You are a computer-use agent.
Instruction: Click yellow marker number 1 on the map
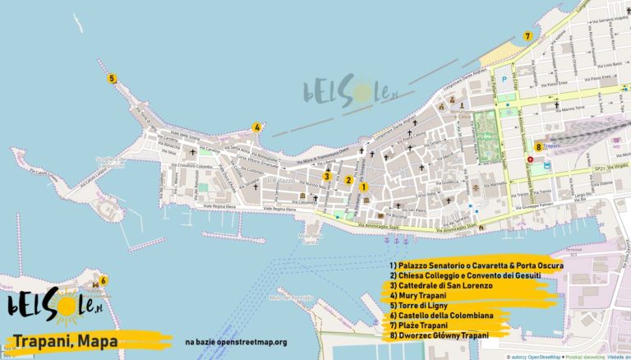tap(364, 187)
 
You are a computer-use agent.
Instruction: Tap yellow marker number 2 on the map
tap(348, 180)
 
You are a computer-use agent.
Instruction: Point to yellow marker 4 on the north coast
tap(257, 127)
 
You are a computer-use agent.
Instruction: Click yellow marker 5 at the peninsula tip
tap(112, 79)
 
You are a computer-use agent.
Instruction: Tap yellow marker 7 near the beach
tap(527, 36)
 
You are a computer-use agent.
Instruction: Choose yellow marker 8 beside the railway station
tap(538, 147)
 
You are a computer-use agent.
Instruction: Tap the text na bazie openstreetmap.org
tap(236, 341)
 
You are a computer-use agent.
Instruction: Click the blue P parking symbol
tap(504, 80)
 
